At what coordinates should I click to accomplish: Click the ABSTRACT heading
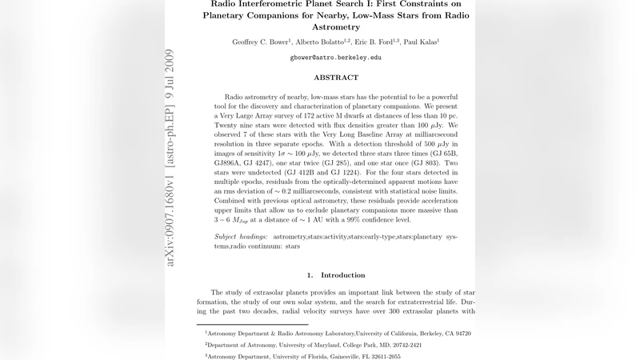point(335,78)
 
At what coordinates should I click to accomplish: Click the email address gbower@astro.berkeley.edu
point(335,58)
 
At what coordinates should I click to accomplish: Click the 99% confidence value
point(350,219)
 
